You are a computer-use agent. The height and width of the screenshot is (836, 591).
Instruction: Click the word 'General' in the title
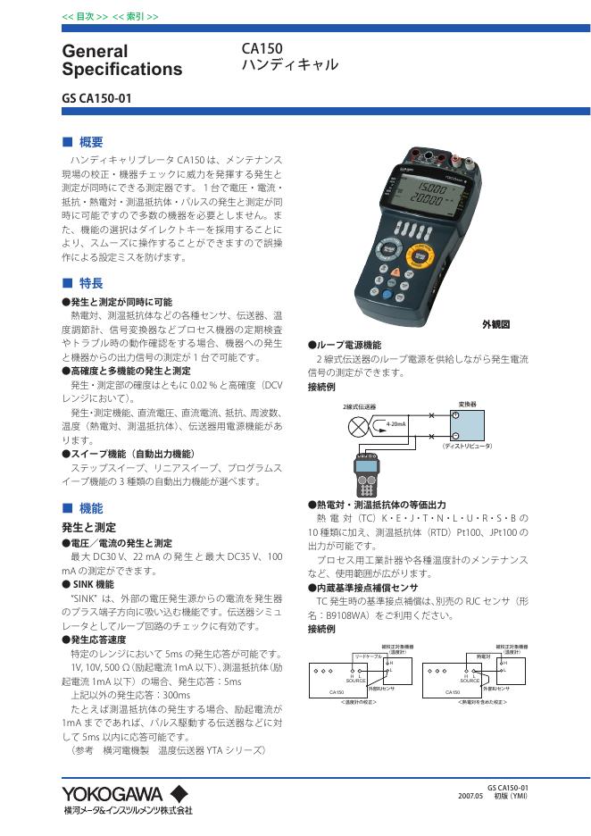96,51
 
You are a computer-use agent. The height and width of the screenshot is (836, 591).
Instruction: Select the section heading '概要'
90,141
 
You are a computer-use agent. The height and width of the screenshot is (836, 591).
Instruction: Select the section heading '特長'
90,282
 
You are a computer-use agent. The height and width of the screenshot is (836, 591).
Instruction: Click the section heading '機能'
90,507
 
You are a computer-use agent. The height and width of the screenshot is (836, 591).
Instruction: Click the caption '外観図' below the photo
495,324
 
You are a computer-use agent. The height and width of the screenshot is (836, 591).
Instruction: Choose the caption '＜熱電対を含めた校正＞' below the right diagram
482,702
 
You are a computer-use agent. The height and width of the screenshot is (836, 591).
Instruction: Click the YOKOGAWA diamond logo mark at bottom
178,793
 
